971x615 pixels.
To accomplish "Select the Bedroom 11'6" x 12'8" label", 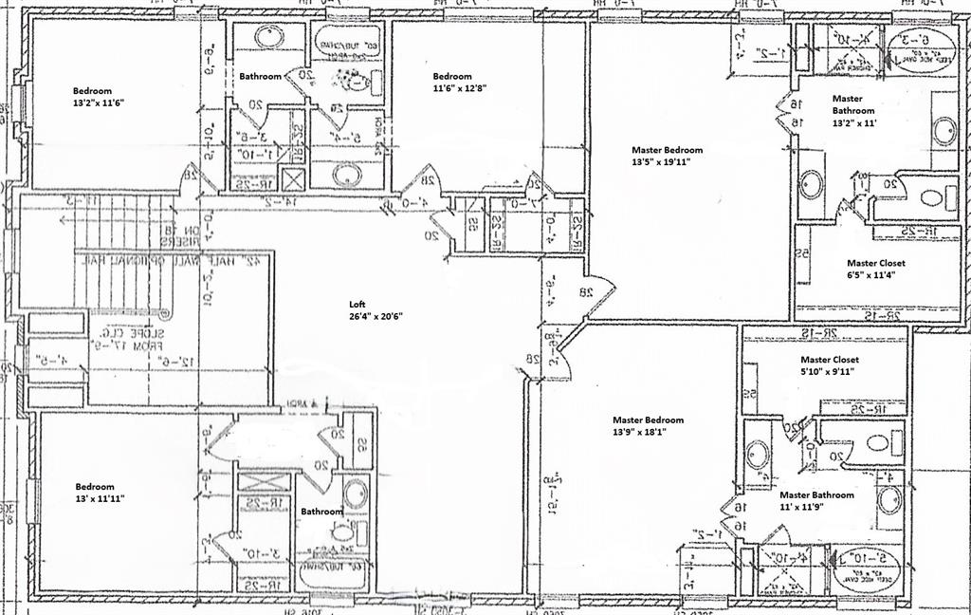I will (x=459, y=82).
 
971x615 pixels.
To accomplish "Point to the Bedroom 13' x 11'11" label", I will (x=100, y=492).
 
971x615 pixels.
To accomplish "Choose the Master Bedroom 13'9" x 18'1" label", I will (x=648, y=425).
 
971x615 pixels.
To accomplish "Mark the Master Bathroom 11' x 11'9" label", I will (x=815, y=500).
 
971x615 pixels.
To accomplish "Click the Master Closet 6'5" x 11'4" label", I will (x=875, y=269).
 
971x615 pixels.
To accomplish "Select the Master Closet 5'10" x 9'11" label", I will (x=829, y=365).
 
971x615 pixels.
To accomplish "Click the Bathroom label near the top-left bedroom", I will (x=261, y=76).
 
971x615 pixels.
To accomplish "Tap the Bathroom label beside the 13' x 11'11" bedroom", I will (x=321, y=512).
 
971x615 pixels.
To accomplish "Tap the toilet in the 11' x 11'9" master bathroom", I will (x=876, y=442).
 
